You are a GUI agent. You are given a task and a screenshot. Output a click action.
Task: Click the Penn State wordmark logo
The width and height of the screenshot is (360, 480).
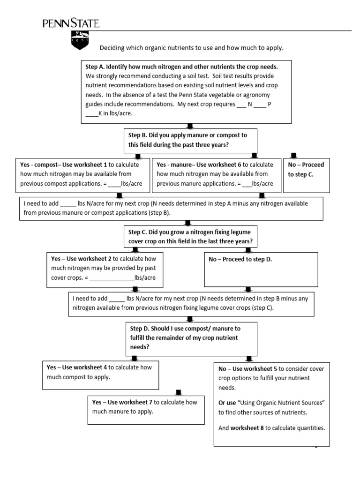[71, 23]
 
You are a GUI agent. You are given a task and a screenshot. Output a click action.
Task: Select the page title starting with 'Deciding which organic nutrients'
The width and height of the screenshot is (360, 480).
[192, 48]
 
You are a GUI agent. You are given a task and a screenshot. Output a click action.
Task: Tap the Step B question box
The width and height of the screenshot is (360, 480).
[190, 140]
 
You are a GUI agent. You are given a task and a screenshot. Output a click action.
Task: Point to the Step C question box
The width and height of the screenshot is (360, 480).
[190, 237]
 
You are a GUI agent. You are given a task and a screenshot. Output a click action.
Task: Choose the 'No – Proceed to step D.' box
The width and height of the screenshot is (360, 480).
[261, 269]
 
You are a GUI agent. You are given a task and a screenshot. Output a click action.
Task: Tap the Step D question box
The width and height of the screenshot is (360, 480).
[190, 337]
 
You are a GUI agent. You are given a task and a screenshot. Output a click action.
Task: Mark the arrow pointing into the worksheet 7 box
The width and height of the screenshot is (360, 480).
[178, 392]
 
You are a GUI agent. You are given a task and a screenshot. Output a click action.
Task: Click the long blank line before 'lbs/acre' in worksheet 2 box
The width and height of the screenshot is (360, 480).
[112, 278]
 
